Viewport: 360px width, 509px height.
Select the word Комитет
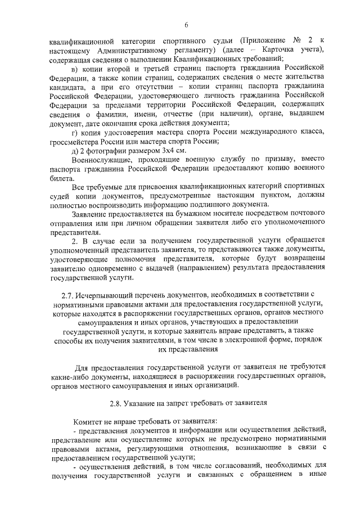coord(89,422)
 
